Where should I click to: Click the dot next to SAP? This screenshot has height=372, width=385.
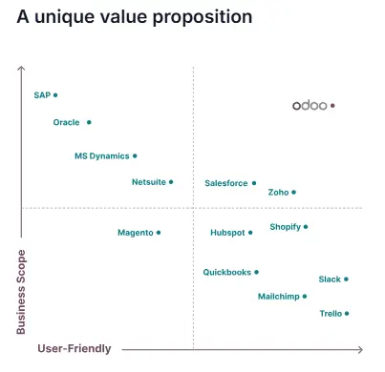55,95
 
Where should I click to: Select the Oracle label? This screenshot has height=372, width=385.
66,122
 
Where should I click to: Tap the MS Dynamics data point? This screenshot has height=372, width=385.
135,155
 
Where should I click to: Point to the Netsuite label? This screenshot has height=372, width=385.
148,181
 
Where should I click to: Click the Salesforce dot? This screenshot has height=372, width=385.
254,183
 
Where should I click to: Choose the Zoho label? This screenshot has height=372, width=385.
278,192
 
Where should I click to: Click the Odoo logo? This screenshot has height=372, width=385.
310,106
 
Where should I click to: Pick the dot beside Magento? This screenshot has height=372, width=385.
159,232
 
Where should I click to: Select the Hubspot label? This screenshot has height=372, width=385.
227,232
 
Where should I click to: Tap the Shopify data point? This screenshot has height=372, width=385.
306,227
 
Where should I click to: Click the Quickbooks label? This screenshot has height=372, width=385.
226,272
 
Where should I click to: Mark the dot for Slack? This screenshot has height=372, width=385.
346,279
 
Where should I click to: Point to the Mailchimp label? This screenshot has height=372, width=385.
278,297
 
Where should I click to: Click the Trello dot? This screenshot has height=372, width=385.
347,313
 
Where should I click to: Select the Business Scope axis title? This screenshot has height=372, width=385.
21,292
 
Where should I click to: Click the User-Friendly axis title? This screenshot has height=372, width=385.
75,349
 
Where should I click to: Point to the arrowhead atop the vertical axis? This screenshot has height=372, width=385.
21,68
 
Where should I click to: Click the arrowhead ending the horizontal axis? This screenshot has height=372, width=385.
360,350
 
